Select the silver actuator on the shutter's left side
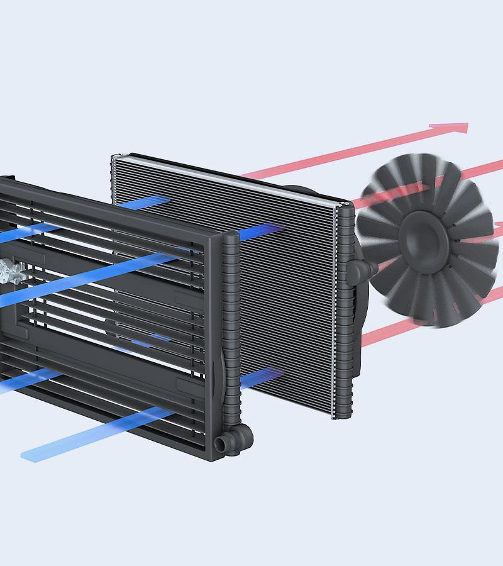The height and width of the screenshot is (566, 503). (x=9, y=271)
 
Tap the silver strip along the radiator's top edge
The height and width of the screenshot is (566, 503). (x=226, y=173)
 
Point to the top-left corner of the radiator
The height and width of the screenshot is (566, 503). (x=114, y=156)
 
